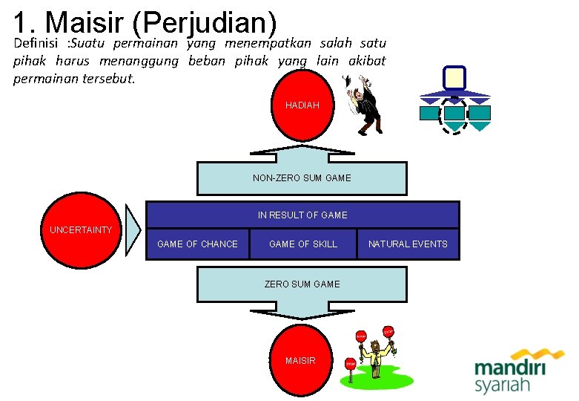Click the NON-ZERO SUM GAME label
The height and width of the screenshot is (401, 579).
(x=302, y=178)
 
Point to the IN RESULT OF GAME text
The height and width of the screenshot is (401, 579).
(x=302, y=215)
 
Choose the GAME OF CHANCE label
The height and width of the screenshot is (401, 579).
(x=197, y=244)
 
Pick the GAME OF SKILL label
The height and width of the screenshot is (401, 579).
(x=302, y=244)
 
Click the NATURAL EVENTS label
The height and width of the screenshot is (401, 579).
(x=408, y=244)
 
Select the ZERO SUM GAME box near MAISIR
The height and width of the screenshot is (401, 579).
(x=302, y=284)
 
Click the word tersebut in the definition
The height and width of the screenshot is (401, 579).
(x=110, y=79)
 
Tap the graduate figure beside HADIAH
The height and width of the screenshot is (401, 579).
(x=365, y=108)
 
